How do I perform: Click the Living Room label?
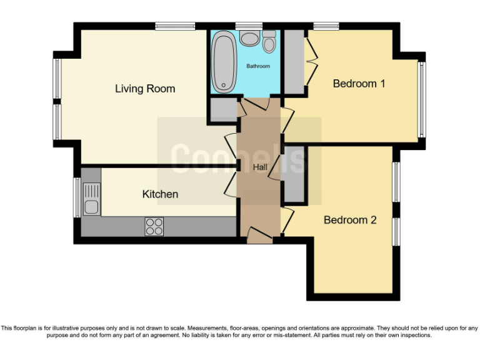coord(145,89)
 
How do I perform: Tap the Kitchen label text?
coord(160,194)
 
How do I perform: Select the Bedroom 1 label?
coord(359,83)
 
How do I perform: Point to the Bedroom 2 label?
coord(350,220)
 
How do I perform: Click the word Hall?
coord(260,167)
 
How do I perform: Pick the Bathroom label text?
coord(258,66)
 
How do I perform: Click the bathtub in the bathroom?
coord(222,62)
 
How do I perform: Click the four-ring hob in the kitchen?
coord(154,226)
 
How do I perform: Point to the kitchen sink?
coord(91,199)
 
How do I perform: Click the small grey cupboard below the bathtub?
coord(221,110)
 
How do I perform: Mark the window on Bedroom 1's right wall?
coord(422,99)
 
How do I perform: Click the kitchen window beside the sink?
coord(77,197)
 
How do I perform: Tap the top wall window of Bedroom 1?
coord(326,26)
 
